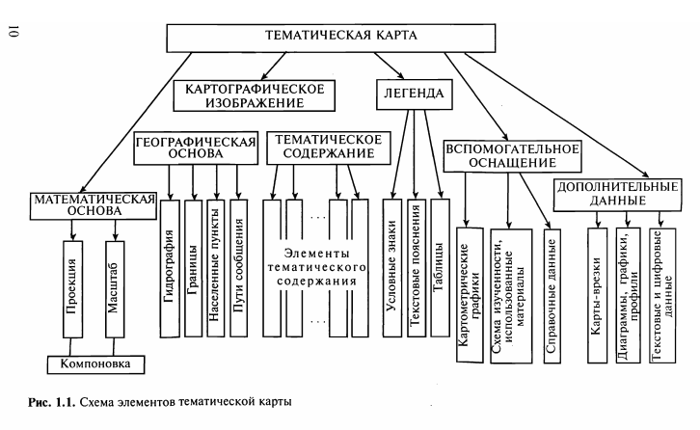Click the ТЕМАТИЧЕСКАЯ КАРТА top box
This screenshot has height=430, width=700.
click(x=340, y=38)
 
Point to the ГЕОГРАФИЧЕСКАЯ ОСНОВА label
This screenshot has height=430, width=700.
click(x=196, y=147)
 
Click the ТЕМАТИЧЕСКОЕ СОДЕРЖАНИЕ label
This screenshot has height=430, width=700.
click(x=328, y=147)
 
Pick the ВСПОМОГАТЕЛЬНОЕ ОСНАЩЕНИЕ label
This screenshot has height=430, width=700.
click(x=512, y=157)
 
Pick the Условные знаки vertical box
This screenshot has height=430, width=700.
click(x=392, y=266)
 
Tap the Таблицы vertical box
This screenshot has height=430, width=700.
click(x=440, y=266)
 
